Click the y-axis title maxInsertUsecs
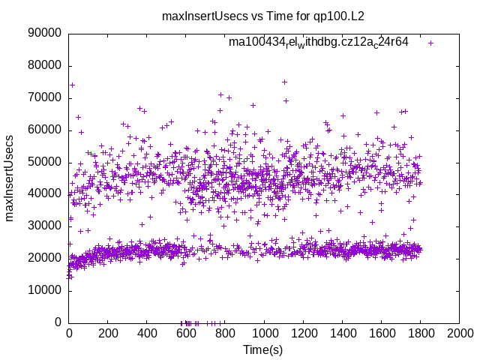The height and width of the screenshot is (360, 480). point(10,178)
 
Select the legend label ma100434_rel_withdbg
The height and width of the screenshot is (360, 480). point(319,42)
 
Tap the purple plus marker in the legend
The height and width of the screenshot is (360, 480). point(430,43)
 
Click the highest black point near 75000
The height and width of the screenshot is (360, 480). point(284,82)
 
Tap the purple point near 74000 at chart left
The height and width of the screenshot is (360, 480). point(72,85)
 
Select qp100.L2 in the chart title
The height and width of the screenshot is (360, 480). point(339,16)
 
